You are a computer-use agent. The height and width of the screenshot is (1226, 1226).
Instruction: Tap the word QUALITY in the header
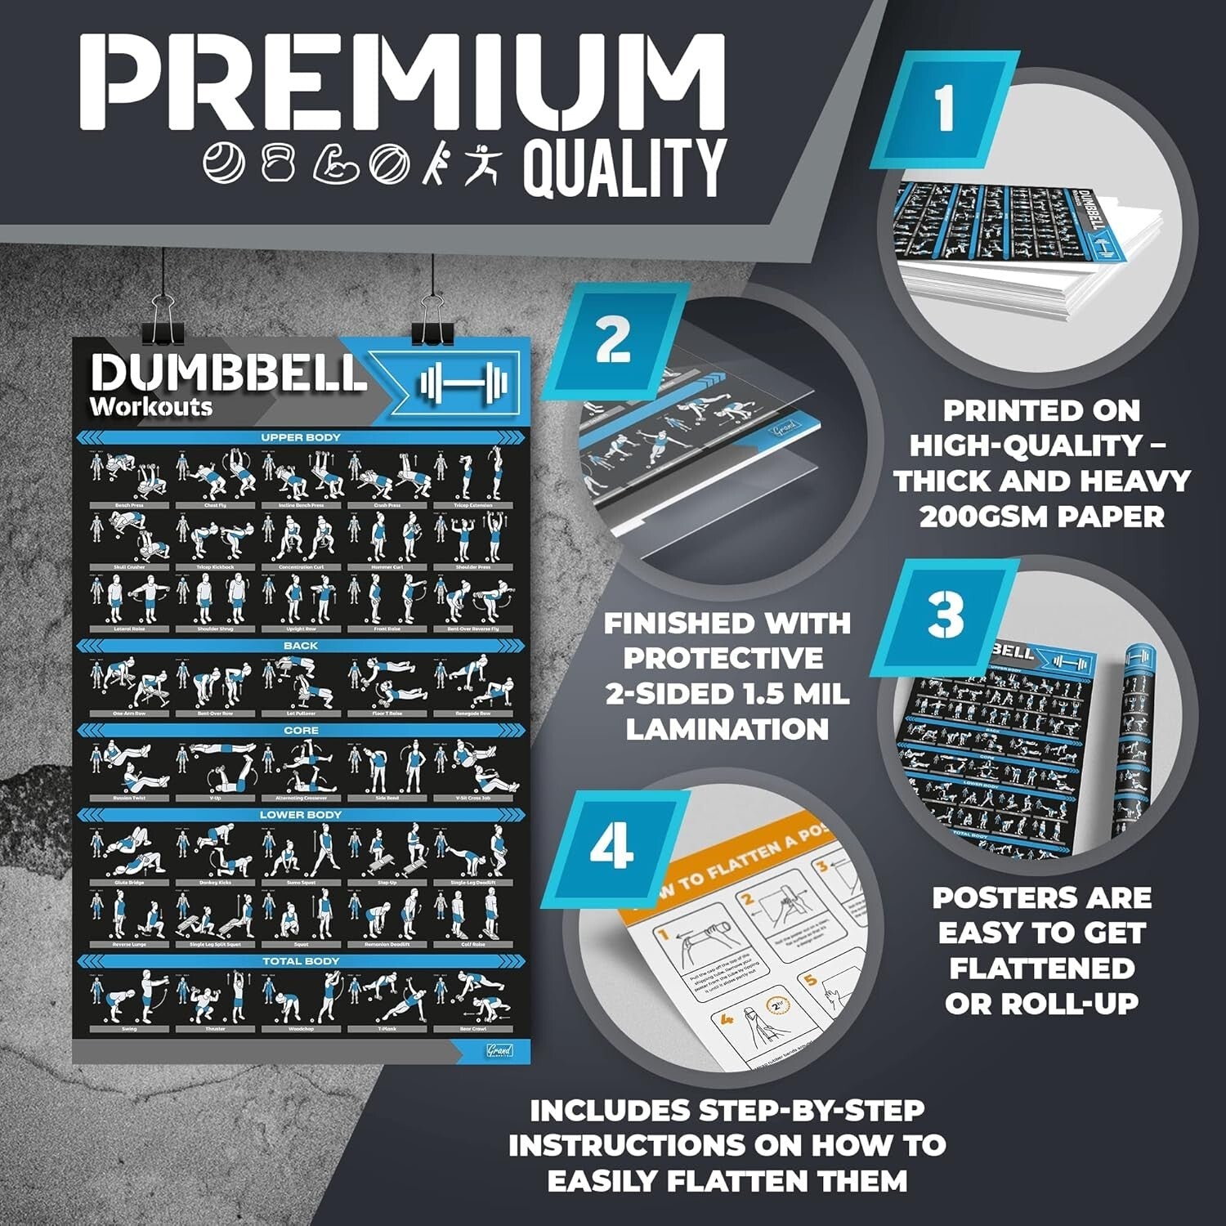[x=624, y=168]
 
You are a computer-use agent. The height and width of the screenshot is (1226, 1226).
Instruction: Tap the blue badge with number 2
[x=614, y=338]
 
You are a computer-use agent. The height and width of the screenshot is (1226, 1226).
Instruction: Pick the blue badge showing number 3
[x=946, y=615]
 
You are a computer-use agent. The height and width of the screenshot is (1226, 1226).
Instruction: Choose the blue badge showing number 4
[x=612, y=846]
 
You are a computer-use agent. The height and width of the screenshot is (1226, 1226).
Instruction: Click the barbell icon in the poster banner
[x=463, y=382]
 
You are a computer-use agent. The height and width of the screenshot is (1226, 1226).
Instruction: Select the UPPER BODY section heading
[x=301, y=438]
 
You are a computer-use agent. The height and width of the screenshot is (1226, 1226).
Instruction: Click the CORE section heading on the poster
[x=301, y=730]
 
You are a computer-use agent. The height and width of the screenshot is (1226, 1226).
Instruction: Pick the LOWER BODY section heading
[x=301, y=815]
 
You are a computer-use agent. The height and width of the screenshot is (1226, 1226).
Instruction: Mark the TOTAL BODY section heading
[x=301, y=961]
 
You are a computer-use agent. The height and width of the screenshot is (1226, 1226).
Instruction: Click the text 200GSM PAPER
[x=1040, y=517]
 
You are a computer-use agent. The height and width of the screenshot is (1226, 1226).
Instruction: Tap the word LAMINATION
[x=727, y=728]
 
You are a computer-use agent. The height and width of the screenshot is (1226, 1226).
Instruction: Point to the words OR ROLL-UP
[x=1041, y=1004]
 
